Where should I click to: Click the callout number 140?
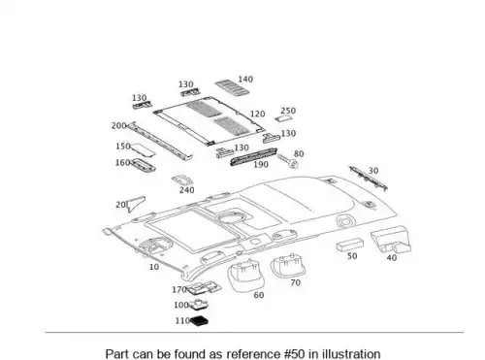[x=245, y=80]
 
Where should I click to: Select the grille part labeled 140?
[x=232, y=87]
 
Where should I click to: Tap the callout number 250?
[x=288, y=111]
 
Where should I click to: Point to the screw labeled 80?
[x=288, y=161]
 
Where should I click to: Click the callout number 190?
[x=261, y=165]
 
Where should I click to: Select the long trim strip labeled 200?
[x=160, y=141]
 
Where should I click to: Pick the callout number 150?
[x=123, y=147]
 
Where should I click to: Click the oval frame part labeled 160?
[x=143, y=165]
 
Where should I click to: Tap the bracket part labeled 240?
[x=182, y=180]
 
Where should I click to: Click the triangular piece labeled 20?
[x=136, y=204]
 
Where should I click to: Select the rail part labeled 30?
[x=368, y=179]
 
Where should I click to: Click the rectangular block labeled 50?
[x=349, y=245]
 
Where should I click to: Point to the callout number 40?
[x=392, y=258]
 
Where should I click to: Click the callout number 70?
[x=295, y=282]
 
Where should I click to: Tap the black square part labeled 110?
[x=199, y=321]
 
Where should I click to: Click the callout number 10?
[x=154, y=267]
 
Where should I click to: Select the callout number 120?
[x=257, y=115]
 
